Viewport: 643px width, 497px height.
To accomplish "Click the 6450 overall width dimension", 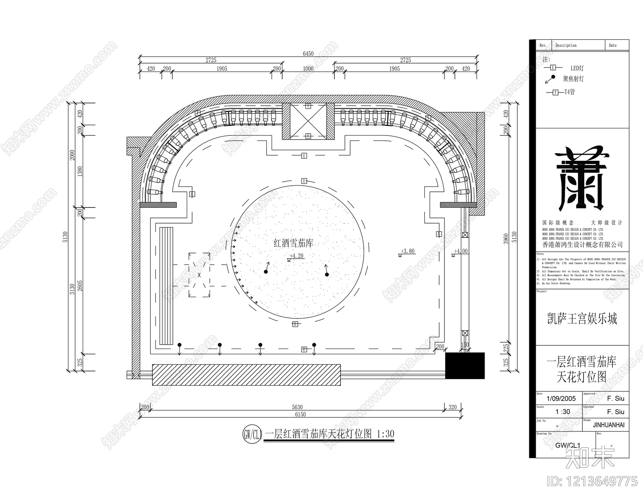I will tap(308, 53).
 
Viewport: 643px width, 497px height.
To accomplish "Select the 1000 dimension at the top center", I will tap(308, 68).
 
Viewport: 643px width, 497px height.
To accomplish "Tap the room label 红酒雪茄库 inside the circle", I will tap(293, 243).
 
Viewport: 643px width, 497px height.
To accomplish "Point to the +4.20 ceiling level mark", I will tap(297, 256).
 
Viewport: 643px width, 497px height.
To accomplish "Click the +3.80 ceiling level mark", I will tap(408, 251).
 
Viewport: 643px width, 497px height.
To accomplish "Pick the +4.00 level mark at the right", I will tap(461, 251).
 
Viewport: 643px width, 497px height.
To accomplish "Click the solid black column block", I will tap(465, 366).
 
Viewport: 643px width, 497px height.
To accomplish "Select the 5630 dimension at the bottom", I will tap(297, 407).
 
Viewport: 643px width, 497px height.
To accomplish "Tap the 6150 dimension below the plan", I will tap(300, 415).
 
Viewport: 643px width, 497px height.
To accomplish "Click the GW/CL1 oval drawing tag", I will tap(253, 434).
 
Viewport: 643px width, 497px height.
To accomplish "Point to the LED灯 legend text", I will tap(577, 68).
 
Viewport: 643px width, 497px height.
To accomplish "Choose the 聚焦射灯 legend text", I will tap(573, 79).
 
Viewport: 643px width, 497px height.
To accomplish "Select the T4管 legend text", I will tap(569, 92).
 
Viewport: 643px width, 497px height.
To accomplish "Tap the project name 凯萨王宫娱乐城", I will tap(582, 319).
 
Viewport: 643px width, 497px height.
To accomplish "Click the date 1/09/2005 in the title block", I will tap(561, 399).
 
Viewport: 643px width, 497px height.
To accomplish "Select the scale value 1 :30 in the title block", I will tap(563, 412).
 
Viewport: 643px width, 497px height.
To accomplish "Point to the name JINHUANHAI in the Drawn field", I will tap(608, 425).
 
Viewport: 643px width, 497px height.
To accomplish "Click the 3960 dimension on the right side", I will tap(506, 239).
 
